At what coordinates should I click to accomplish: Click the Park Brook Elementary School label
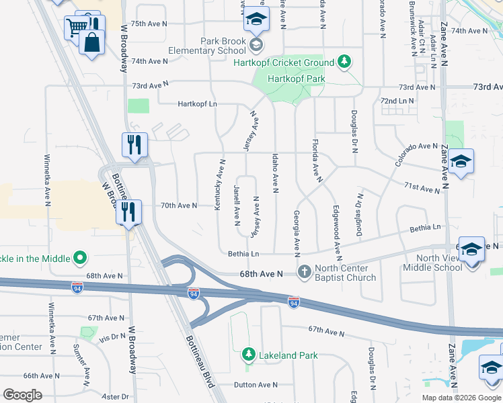point(223,46)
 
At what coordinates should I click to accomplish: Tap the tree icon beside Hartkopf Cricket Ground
point(344,62)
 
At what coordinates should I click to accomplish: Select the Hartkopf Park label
point(296,79)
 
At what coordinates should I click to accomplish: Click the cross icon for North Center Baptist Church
point(304,272)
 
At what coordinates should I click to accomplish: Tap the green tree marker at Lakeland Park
point(248,353)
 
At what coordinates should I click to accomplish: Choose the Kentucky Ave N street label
point(219,185)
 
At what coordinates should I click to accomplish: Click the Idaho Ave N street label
point(275,173)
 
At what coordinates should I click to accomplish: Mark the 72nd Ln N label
point(397,101)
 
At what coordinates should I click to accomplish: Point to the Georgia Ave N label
point(296,232)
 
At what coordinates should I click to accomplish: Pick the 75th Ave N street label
point(149,24)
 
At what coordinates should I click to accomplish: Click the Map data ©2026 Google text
point(461,398)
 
